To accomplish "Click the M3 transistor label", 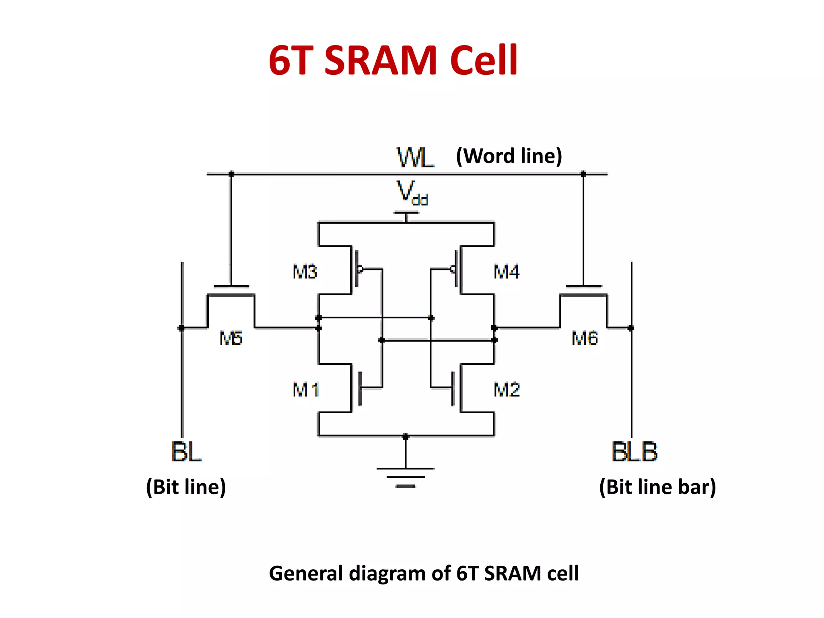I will pyautogui.click(x=305, y=272).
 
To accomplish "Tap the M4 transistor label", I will pyautogui.click(x=507, y=272).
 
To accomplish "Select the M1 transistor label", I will pyautogui.click(x=306, y=390).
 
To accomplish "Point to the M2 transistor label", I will pyautogui.click(x=507, y=390).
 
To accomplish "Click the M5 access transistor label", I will pyautogui.click(x=231, y=338).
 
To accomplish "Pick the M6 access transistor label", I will pyautogui.click(x=585, y=338).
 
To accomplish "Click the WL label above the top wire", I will pyautogui.click(x=415, y=158).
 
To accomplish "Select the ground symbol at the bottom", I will pyautogui.click(x=406, y=477).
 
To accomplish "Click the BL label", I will pyautogui.click(x=186, y=451).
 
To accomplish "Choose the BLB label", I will pyautogui.click(x=634, y=451).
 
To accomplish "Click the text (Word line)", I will pyautogui.click(x=509, y=156).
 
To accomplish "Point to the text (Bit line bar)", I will pyautogui.click(x=657, y=487).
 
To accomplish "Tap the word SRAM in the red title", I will pyautogui.click(x=381, y=61).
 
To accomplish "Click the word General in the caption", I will pyautogui.click(x=306, y=573).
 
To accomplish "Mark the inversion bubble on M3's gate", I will pyautogui.click(x=360, y=269).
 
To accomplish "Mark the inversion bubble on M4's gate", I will pyautogui.click(x=453, y=269).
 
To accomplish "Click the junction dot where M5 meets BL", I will pyautogui.click(x=181, y=328).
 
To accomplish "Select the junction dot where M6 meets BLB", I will pyautogui.click(x=631, y=328).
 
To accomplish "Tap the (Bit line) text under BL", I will pyautogui.click(x=186, y=487).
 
